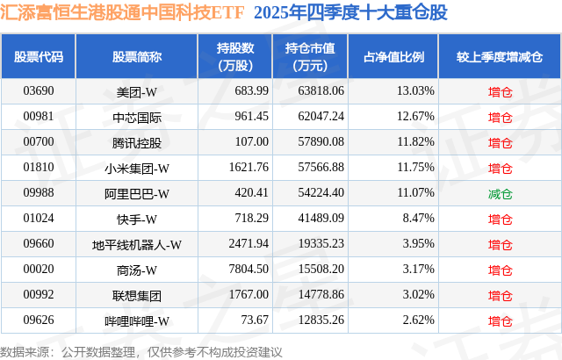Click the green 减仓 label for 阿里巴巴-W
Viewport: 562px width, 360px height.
[500, 193]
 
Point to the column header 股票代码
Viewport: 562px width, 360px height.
[39, 57]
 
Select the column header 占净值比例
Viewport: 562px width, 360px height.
[393, 57]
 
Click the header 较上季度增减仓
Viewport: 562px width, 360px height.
[499, 57]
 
